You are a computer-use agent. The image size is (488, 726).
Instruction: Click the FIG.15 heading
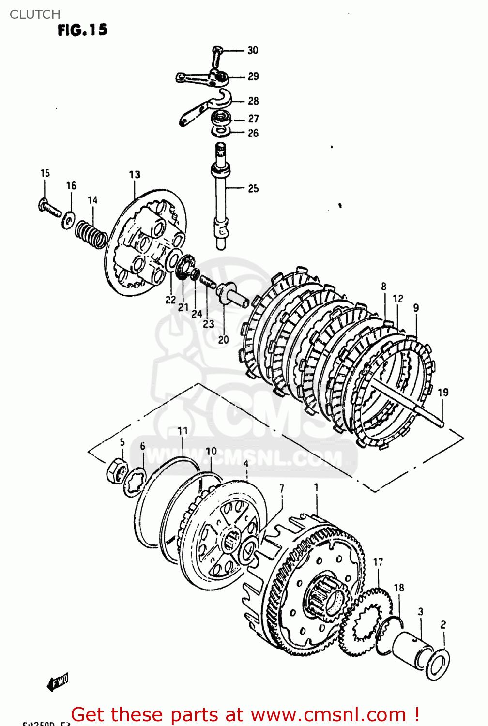82,30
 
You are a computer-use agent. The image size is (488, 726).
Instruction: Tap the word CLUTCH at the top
35,15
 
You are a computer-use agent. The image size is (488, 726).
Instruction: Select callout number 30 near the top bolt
253,50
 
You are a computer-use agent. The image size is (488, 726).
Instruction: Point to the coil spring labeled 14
91,233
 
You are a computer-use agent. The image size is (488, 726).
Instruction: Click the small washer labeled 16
68,221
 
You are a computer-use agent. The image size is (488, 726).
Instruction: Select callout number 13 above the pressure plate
135,175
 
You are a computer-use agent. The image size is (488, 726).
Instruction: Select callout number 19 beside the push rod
443,393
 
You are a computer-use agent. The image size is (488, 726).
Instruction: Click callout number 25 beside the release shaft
253,188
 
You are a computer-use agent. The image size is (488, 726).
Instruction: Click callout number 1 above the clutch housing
316,487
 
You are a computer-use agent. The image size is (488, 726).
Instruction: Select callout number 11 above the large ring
183,431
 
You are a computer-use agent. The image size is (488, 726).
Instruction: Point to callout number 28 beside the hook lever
253,101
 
